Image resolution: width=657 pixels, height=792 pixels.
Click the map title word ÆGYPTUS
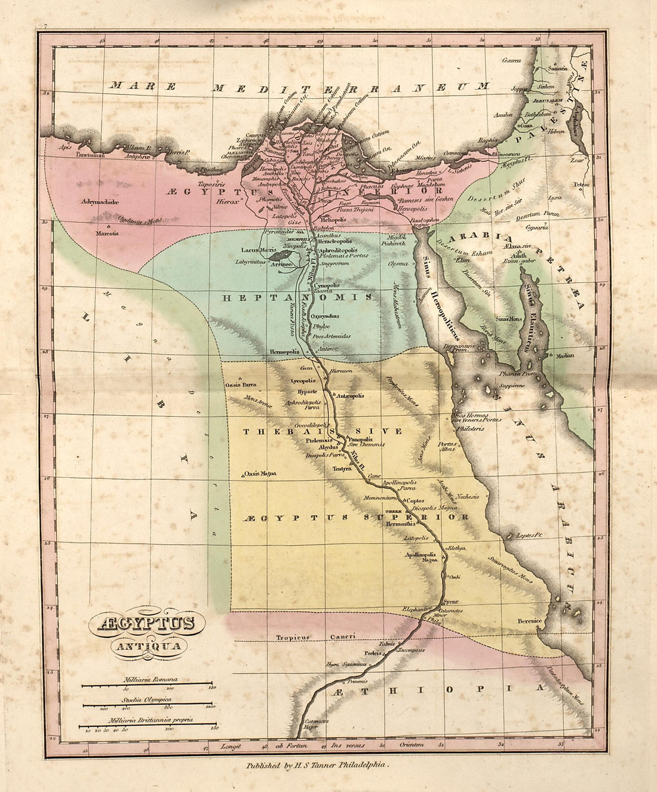[146, 624]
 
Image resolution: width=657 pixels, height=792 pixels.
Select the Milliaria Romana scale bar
[146, 684]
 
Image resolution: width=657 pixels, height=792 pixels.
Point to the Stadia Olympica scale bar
[148, 704]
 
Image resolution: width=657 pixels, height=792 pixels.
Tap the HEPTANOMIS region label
[298, 297]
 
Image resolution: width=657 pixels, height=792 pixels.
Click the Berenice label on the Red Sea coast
[530, 621]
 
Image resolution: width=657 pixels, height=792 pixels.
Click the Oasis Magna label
[260, 474]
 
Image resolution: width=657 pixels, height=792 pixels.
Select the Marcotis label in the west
[108, 234]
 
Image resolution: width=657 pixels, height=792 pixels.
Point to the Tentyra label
[342, 469]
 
